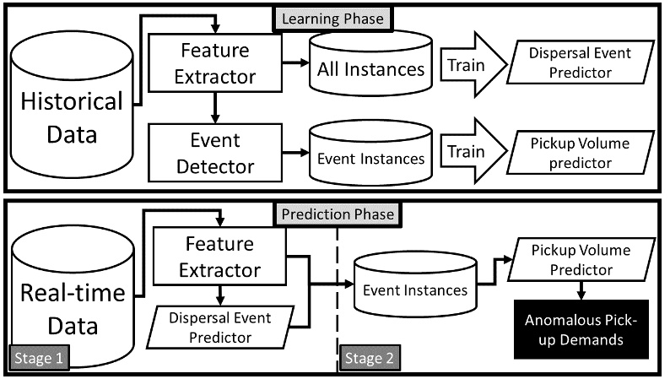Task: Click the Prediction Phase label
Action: tap(339, 214)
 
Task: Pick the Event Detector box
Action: tap(214, 153)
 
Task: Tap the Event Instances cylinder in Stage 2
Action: tap(414, 291)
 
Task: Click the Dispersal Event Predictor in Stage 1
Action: tap(222, 328)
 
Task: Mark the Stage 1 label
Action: tap(39, 358)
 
